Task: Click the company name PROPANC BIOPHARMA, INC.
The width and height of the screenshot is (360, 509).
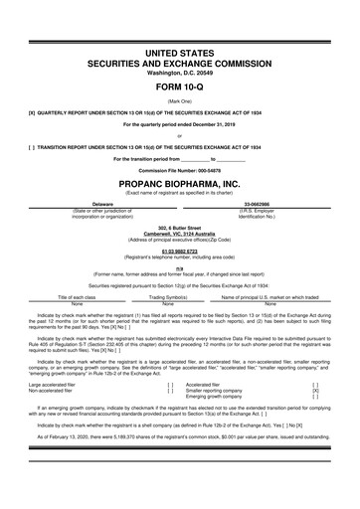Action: coord(179,185)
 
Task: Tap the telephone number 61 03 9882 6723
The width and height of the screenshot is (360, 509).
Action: coord(179,252)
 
